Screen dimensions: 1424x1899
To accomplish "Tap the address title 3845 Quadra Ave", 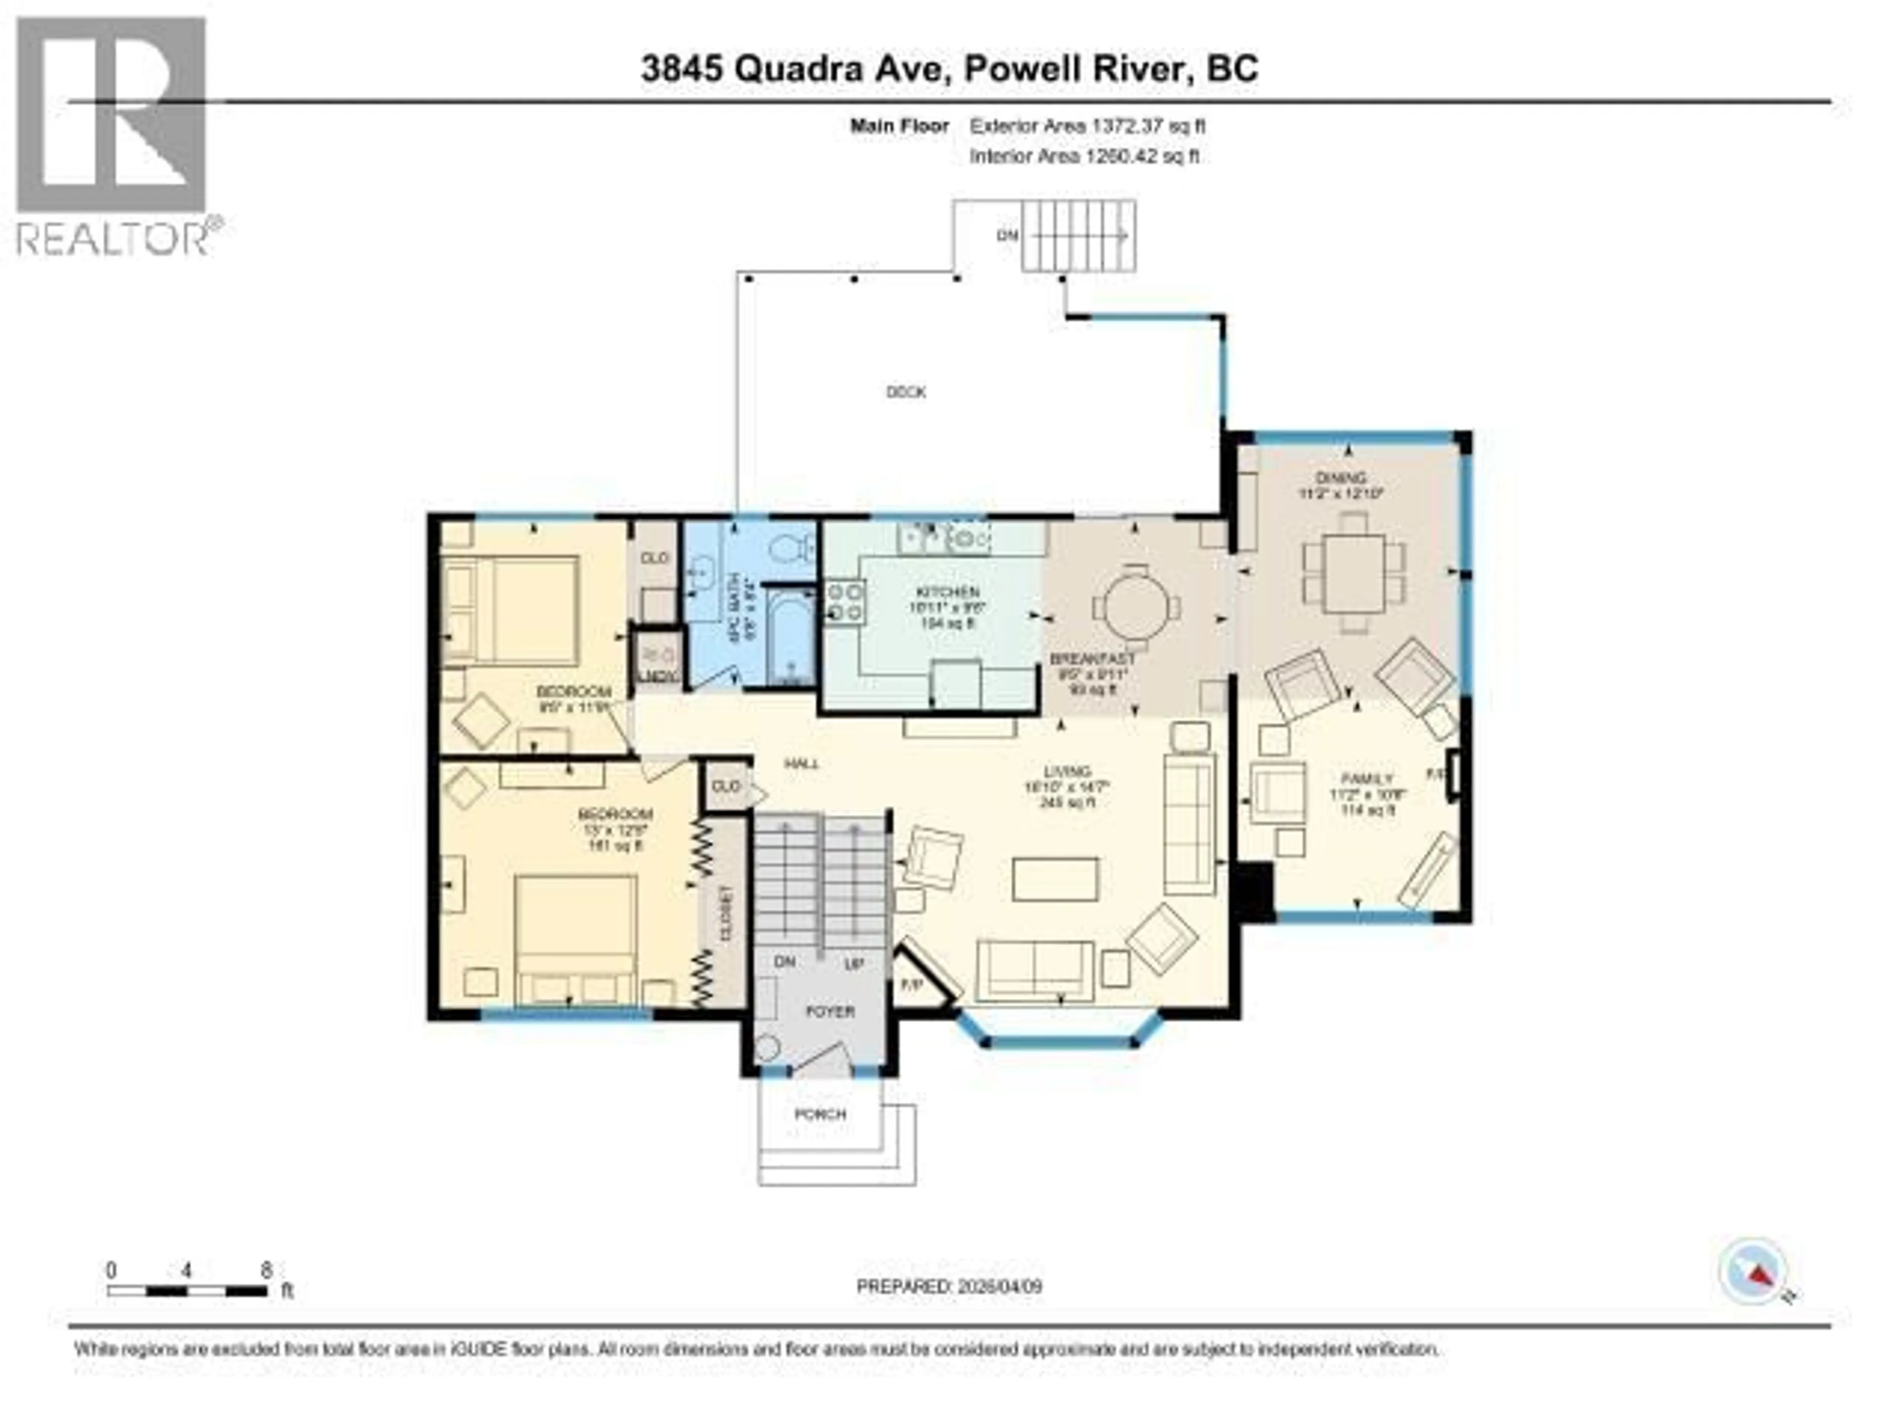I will point(949,69).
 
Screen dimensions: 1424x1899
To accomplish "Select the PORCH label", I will point(821,1114).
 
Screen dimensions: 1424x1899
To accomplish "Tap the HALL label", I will point(801,763).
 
